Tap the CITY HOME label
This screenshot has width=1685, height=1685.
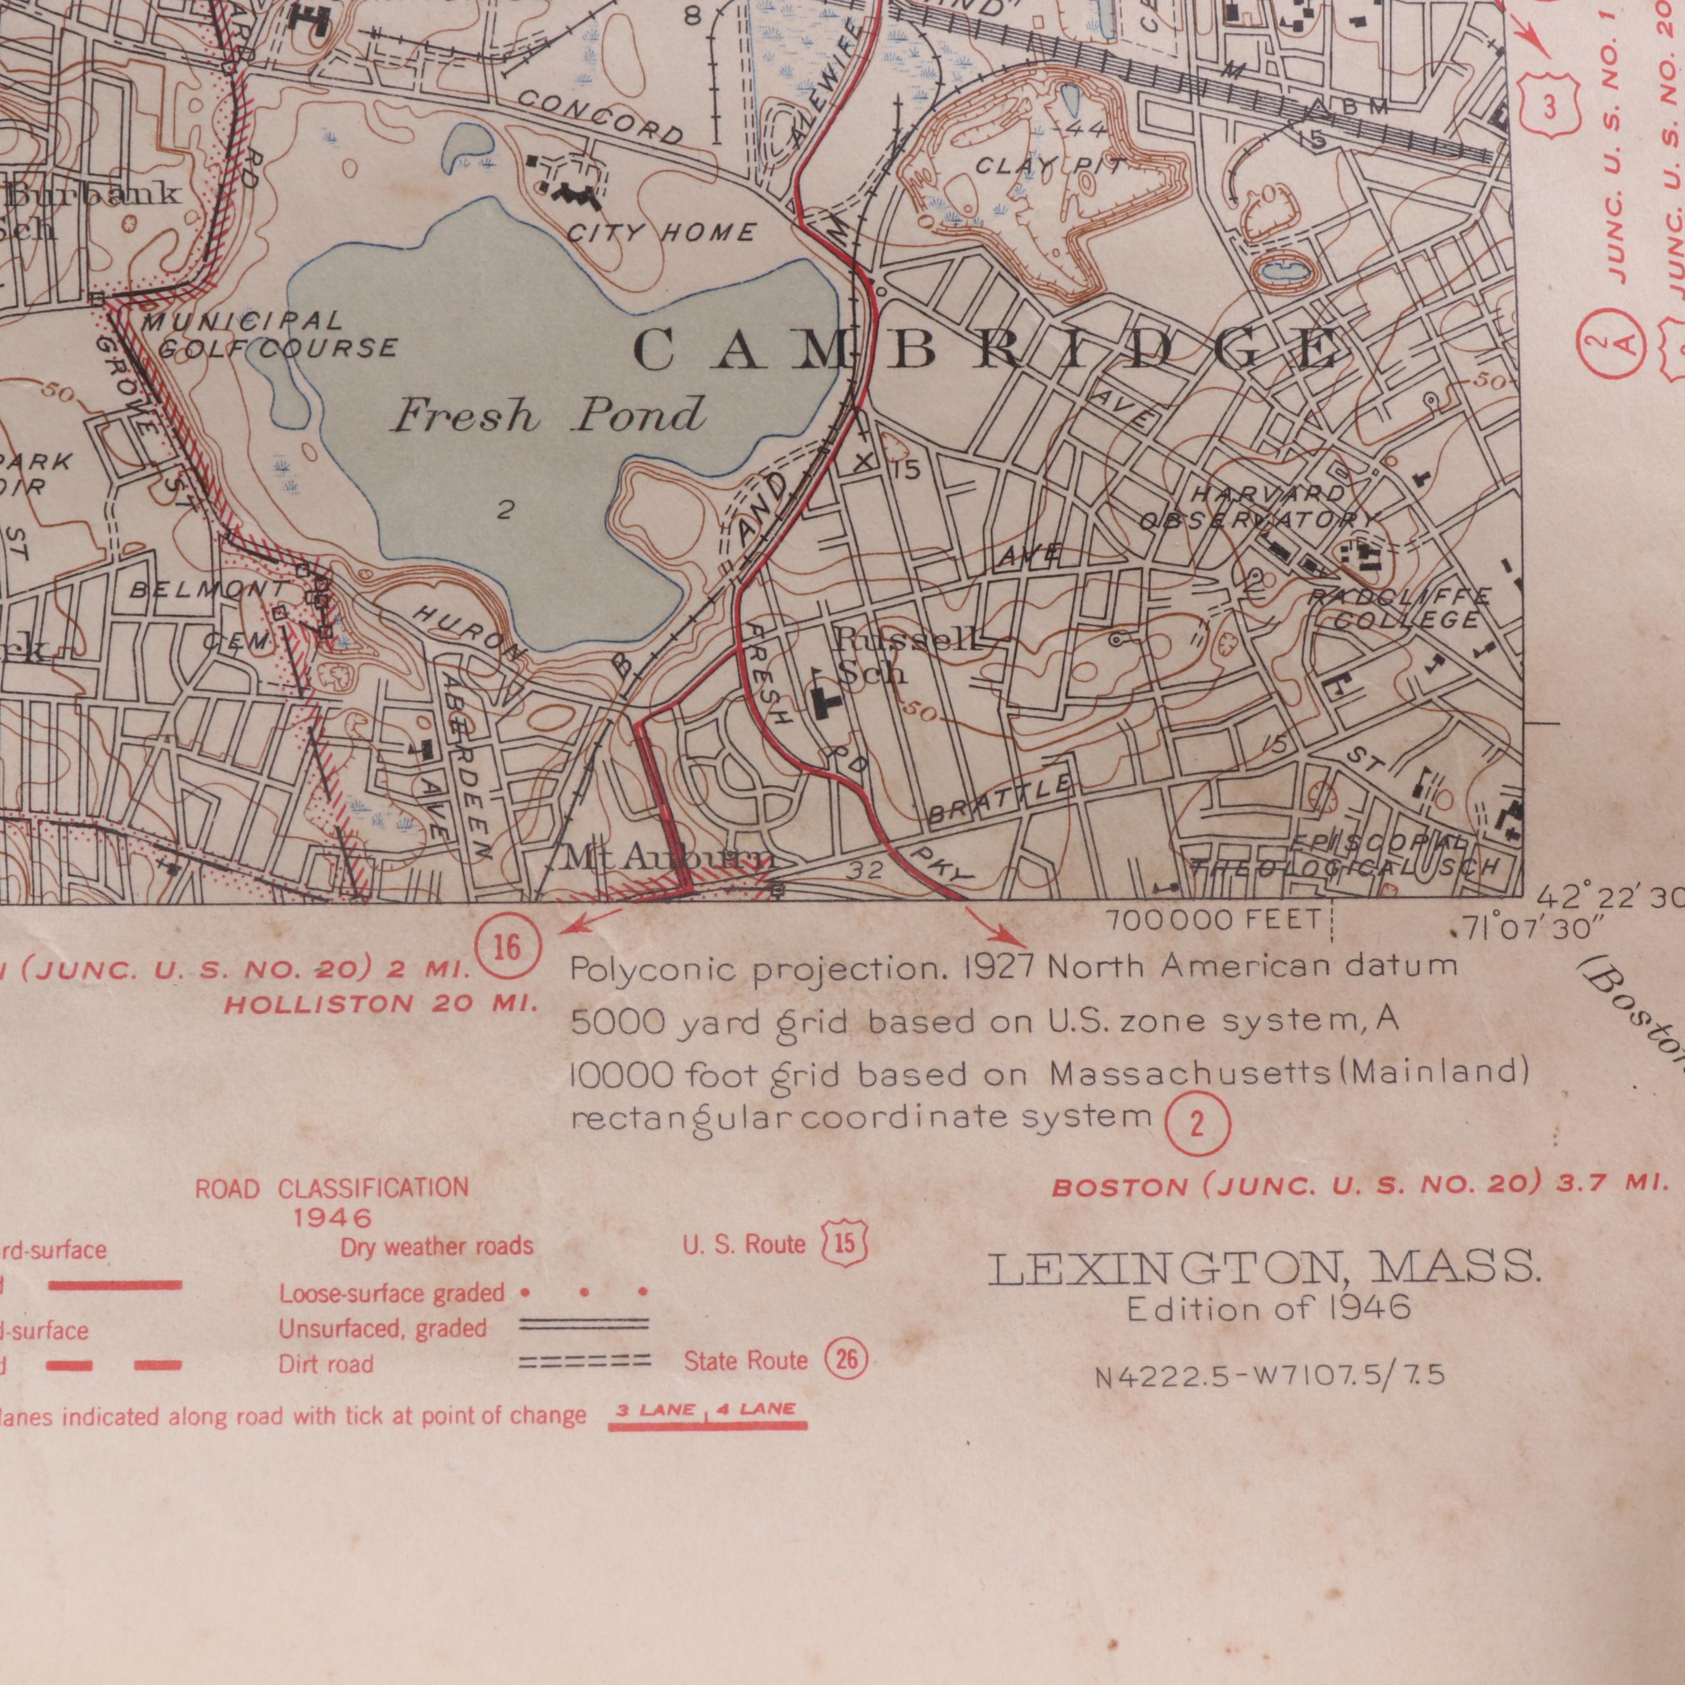click(660, 233)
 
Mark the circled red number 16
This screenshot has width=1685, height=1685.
click(508, 947)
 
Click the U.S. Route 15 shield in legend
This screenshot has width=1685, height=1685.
click(845, 1242)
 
